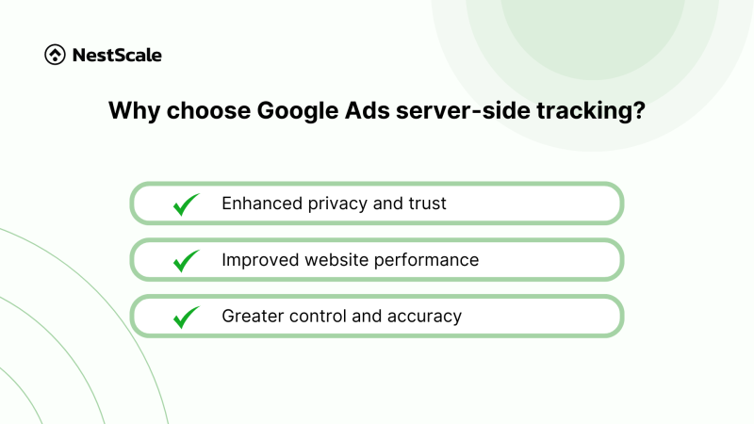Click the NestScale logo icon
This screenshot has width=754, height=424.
[x=55, y=56]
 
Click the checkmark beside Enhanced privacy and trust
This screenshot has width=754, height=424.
[x=187, y=204]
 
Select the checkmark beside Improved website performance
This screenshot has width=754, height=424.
[x=187, y=260]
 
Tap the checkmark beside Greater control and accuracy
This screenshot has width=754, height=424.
[x=187, y=317]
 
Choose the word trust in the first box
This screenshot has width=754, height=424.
[x=426, y=203]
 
